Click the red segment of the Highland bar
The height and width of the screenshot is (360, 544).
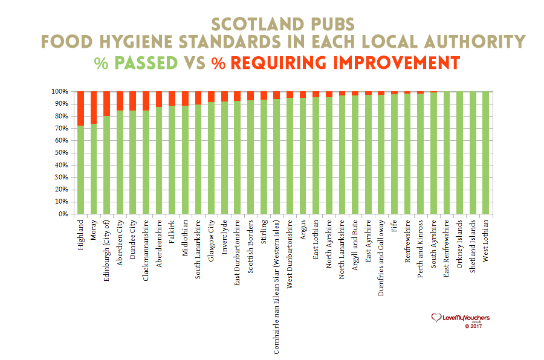[x=80, y=108]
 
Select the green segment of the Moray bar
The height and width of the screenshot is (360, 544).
[x=94, y=169]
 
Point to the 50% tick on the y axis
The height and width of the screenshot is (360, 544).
[x=62, y=153]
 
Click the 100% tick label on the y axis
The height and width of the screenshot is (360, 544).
[x=60, y=92]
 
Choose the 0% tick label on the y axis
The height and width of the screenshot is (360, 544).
[x=63, y=214]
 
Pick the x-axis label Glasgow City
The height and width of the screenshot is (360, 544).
[x=212, y=240]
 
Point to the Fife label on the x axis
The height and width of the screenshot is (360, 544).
[x=395, y=228]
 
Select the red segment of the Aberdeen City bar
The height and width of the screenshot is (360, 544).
[x=120, y=101]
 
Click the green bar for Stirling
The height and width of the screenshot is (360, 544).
[x=264, y=157]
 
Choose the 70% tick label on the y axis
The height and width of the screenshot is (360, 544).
[x=62, y=129]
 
